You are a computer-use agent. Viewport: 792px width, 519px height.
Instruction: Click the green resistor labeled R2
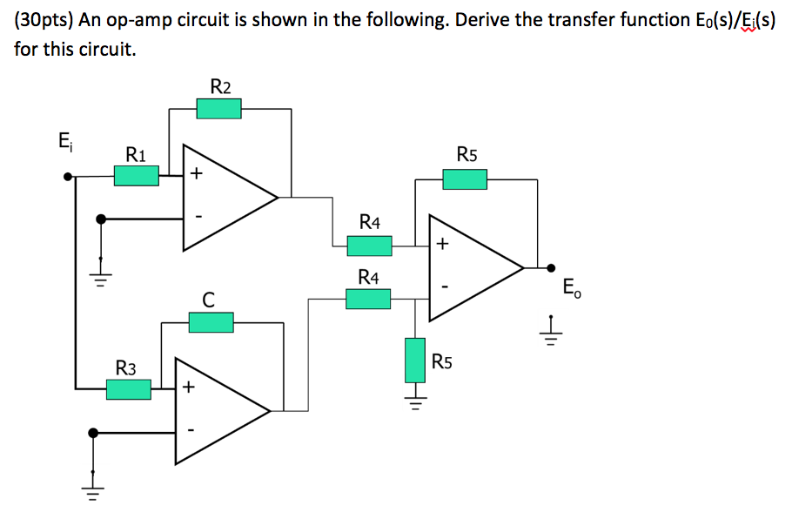[x=218, y=109]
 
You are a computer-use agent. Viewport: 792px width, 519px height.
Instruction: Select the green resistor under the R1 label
[x=137, y=176]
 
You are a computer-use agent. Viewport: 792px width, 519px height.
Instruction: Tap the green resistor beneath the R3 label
[x=129, y=389]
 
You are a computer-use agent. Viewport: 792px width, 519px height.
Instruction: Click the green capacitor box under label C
[x=211, y=322]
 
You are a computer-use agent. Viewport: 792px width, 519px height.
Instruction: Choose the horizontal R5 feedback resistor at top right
[x=465, y=179]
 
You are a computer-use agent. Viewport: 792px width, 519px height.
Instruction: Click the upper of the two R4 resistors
[x=369, y=246]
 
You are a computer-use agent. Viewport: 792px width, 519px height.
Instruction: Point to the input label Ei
[x=65, y=141]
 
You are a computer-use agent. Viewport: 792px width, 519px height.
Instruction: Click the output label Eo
[x=571, y=287]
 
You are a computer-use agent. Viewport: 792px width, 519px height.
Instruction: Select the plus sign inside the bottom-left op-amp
[x=189, y=388]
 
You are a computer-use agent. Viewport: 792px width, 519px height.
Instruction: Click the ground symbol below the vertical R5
[x=416, y=401]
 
